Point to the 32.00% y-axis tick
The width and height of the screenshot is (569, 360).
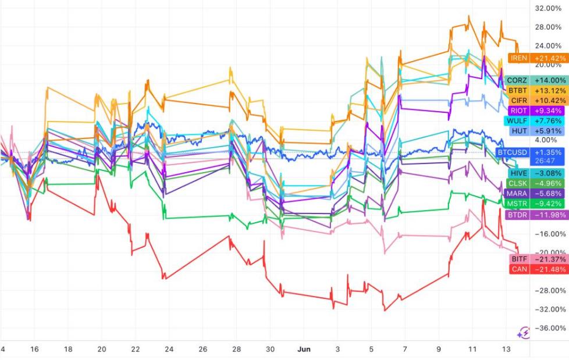(x=547, y=8)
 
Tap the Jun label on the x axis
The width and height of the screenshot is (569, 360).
(x=304, y=349)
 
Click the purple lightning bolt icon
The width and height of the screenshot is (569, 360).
(x=524, y=333)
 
